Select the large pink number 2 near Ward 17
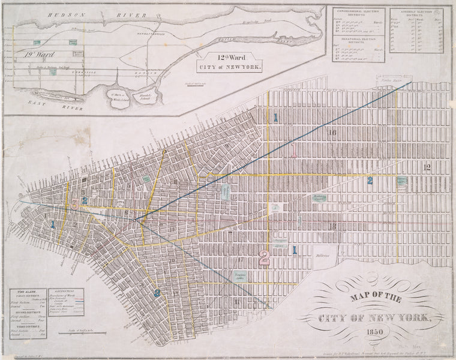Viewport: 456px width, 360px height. pyautogui.click(x=263, y=257)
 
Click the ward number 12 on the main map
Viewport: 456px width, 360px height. pyautogui.click(x=427, y=167)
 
